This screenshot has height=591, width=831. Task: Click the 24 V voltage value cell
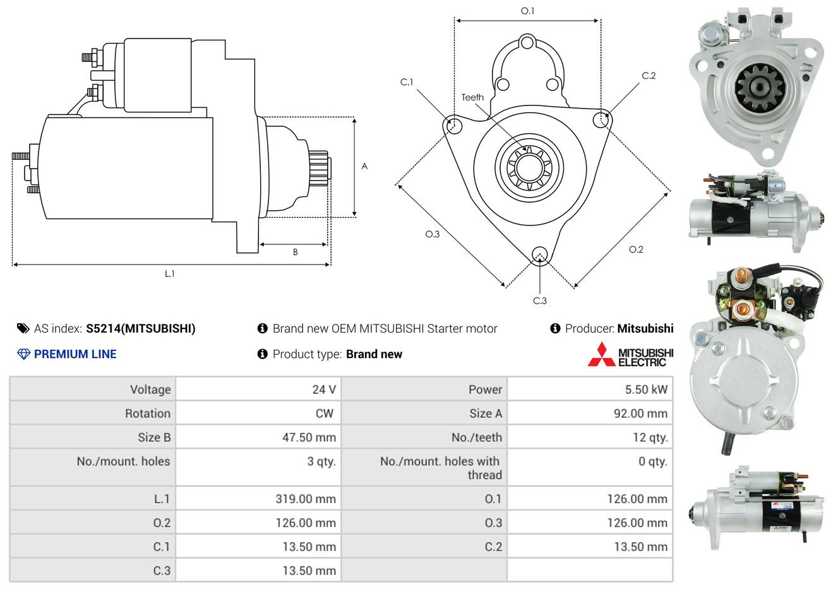[x=324, y=389]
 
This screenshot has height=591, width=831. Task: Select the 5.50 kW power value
[x=646, y=389]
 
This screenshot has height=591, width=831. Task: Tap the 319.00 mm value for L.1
[x=306, y=499]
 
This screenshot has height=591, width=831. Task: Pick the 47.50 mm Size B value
[x=309, y=437]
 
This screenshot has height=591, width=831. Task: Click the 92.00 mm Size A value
[x=640, y=414]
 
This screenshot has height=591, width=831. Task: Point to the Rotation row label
[x=148, y=414]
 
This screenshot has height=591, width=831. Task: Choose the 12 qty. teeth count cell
[x=650, y=438]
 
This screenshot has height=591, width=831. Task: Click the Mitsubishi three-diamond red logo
[x=602, y=354]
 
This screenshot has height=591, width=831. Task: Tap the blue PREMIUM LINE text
[x=75, y=354]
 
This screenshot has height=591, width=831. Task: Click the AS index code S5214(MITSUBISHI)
[x=141, y=329]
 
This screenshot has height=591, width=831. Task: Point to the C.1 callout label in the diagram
[x=407, y=82]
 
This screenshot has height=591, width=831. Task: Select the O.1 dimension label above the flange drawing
[x=527, y=11]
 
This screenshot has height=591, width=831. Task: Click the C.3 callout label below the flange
[x=540, y=301]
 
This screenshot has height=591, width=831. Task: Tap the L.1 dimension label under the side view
[x=169, y=274]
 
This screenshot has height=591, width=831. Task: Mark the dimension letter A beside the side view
[x=364, y=166]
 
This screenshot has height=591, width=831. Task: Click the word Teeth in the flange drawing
[x=472, y=97]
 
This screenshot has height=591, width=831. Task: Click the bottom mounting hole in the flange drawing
[x=540, y=255]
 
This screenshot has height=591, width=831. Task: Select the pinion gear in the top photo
[x=759, y=88]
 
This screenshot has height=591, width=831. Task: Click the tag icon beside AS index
[x=23, y=329]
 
